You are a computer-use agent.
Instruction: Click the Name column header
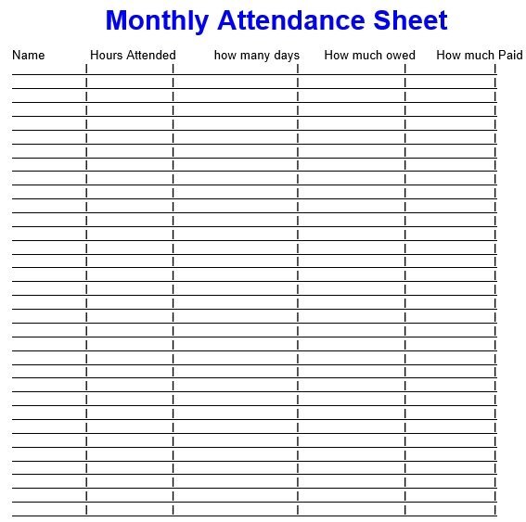click(28, 56)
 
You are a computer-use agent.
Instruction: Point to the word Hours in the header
click(106, 56)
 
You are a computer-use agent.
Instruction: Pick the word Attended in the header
click(150, 56)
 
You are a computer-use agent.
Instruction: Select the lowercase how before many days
click(225, 56)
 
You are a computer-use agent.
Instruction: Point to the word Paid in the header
click(510, 56)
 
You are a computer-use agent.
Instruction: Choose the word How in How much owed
click(336, 56)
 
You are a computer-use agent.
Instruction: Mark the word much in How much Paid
click(480, 56)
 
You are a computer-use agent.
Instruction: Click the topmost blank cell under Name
click(48, 68)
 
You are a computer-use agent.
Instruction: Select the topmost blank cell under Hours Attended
click(129, 68)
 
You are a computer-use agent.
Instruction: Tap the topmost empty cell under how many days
click(235, 68)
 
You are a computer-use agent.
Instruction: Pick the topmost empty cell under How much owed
click(351, 68)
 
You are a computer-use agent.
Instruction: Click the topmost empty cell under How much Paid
click(450, 68)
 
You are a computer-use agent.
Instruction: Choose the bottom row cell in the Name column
click(48, 509)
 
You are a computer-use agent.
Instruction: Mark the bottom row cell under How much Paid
click(450, 509)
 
